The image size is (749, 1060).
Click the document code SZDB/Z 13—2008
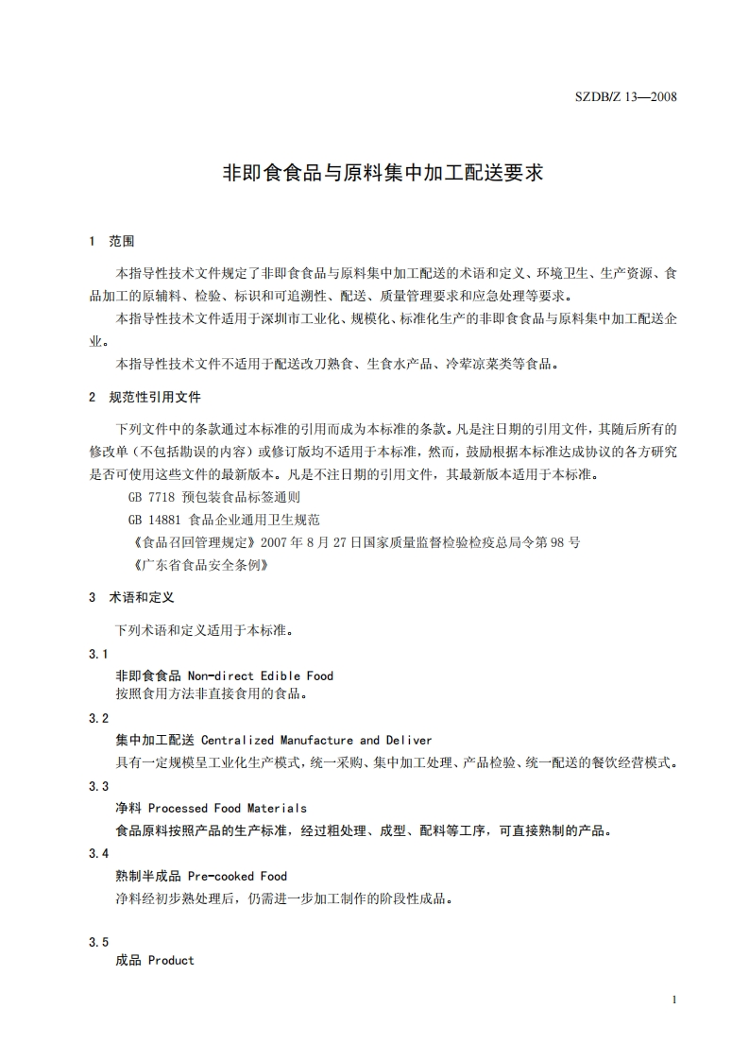point(626,97)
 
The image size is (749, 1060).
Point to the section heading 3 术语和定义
point(131,597)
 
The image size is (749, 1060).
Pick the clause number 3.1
point(99,654)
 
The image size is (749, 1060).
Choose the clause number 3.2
point(99,718)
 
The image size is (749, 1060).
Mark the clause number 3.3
point(99,786)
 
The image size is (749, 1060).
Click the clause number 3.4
point(99,853)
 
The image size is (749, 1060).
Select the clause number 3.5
point(99,942)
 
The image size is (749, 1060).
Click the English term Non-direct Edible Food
point(261,675)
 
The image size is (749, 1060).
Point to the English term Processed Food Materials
point(228,808)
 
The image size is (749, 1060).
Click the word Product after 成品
point(171,960)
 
